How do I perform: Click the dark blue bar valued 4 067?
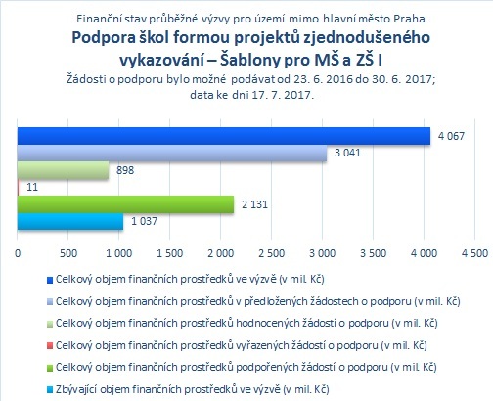point(224,136)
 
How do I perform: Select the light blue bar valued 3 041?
point(172,153)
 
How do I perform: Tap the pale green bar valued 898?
point(63,170)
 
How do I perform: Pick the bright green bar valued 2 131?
point(125,204)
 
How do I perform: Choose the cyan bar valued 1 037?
point(70,221)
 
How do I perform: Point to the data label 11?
point(32,187)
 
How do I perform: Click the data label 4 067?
point(451,136)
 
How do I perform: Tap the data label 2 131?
point(254,204)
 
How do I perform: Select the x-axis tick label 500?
point(68,253)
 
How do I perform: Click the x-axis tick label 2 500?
point(271,253)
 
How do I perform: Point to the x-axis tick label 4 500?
point(474,253)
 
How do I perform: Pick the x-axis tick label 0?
point(18,253)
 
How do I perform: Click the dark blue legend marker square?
point(50,280)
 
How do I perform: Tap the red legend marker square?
point(50,346)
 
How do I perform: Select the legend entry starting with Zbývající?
point(193,389)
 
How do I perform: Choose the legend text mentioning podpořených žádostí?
point(246,367)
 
